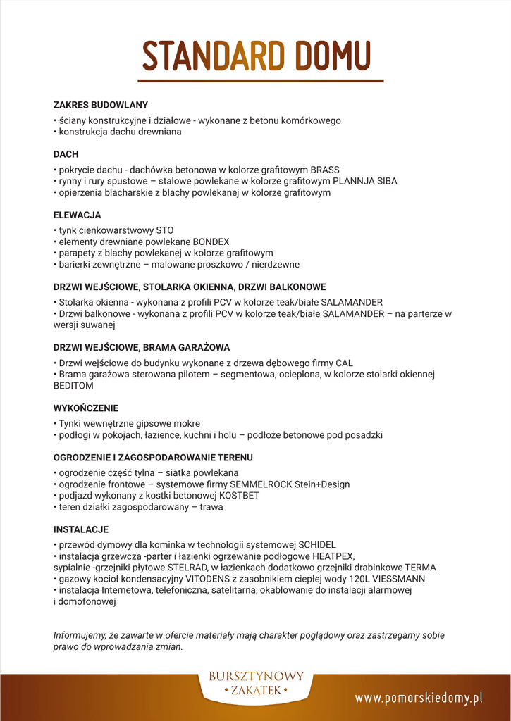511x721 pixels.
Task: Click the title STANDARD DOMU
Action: (x=257, y=56)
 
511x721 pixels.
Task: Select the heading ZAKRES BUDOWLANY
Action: (x=101, y=105)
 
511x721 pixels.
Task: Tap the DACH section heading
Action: (x=66, y=154)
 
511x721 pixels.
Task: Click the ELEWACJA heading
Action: (x=77, y=215)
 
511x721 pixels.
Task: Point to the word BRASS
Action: (x=325, y=170)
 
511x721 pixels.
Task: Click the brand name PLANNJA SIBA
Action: (x=365, y=181)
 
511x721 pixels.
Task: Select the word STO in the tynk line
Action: (x=164, y=230)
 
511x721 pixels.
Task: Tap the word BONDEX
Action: (x=211, y=242)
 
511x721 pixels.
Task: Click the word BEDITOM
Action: (x=73, y=386)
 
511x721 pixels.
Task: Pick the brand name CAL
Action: (x=344, y=363)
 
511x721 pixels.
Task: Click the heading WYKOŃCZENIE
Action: (x=86, y=408)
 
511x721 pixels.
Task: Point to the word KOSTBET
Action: (x=240, y=496)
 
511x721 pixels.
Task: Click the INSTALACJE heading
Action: (x=81, y=529)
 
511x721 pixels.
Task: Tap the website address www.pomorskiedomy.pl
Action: (x=419, y=698)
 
